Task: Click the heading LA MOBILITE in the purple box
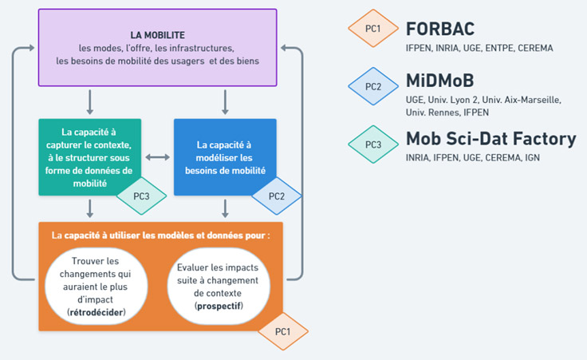158,35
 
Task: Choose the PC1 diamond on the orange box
282,330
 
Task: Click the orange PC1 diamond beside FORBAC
372,29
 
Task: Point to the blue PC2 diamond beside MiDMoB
372,86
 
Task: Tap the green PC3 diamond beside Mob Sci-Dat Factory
372,144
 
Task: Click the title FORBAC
440,30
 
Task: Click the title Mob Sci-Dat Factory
490,138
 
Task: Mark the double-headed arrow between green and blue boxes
157,157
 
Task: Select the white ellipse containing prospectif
219,283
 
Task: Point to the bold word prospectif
219,306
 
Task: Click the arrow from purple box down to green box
90,102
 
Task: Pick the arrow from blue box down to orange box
226,208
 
